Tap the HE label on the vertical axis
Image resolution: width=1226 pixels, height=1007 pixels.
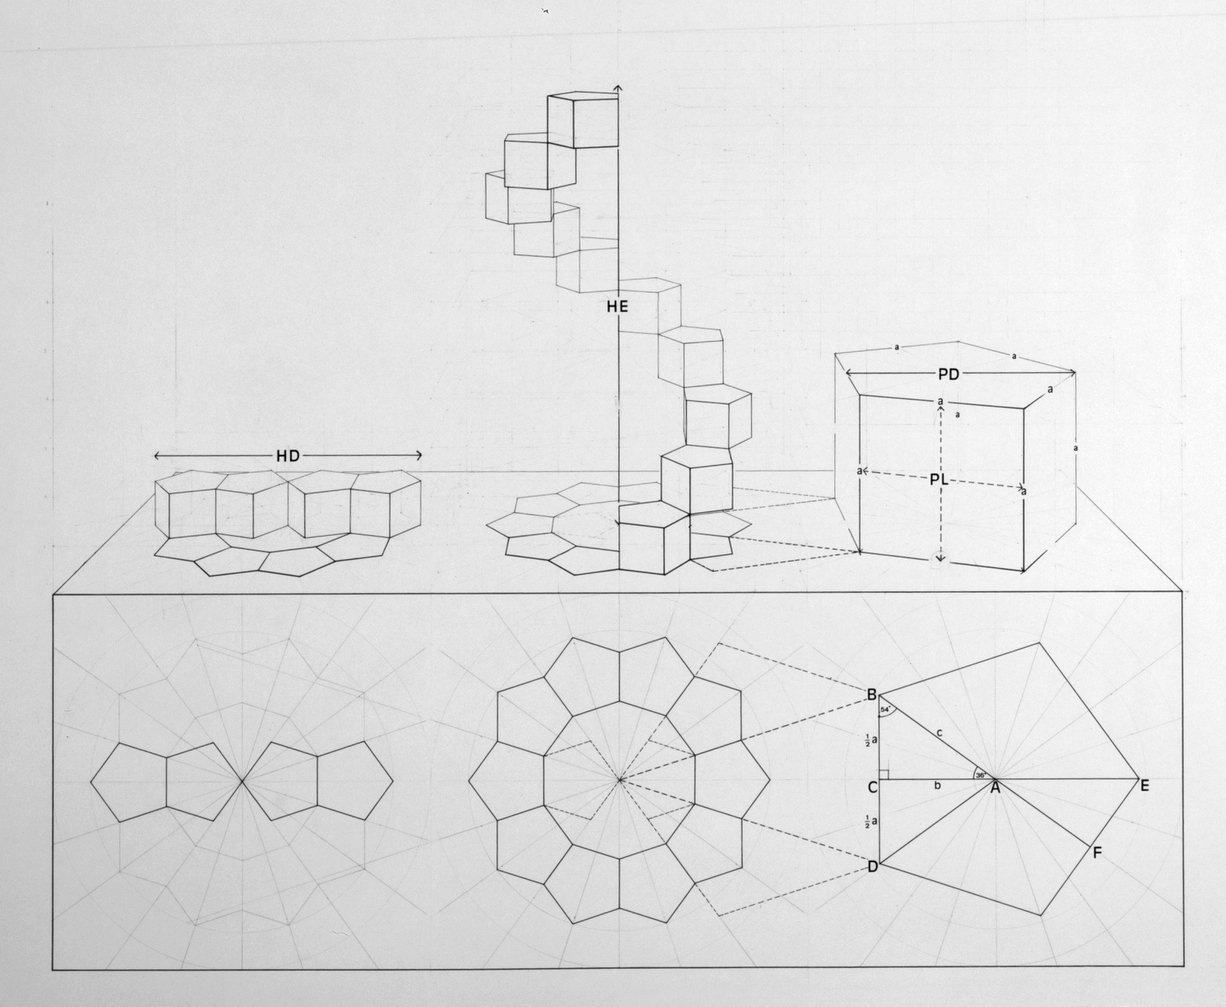point(617,307)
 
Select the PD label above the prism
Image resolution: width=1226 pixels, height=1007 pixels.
point(949,375)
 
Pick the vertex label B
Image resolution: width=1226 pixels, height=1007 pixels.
point(871,694)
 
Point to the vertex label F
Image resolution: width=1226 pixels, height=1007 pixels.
point(1097,853)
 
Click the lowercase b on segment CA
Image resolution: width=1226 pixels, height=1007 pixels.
point(937,786)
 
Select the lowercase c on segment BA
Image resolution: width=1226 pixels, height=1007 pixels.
point(939,733)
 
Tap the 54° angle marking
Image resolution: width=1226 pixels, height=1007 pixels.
point(885,709)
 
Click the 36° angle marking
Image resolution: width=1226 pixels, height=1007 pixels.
point(980,774)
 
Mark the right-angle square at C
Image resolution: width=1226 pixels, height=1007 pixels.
point(885,774)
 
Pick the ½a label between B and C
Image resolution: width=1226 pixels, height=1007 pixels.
point(870,740)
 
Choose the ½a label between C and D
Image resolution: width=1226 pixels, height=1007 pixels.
point(870,821)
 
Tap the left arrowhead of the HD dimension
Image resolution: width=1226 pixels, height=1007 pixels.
point(157,457)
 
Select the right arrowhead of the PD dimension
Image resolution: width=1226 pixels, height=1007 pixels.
point(1072,372)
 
